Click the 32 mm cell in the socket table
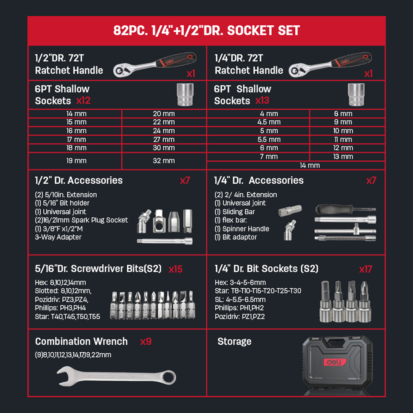click(x=164, y=161)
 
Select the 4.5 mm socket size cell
click(x=269, y=122)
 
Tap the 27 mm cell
click(x=164, y=139)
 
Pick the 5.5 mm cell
click(x=269, y=139)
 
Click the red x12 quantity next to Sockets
click(x=83, y=101)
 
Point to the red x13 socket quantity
click(x=262, y=101)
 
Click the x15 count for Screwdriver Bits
click(x=176, y=269)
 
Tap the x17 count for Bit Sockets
click(x=366, y=269)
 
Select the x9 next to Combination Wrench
click(x=146, y=342)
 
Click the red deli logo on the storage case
click(x=335, y=362)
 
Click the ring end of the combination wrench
click(x=169, y=377)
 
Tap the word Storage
click(x=235, y=342)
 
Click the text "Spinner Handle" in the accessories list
click(x=246, y=229)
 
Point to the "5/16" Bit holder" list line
click(x=62, y=203)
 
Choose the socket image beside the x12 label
click(x=185, y=95)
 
